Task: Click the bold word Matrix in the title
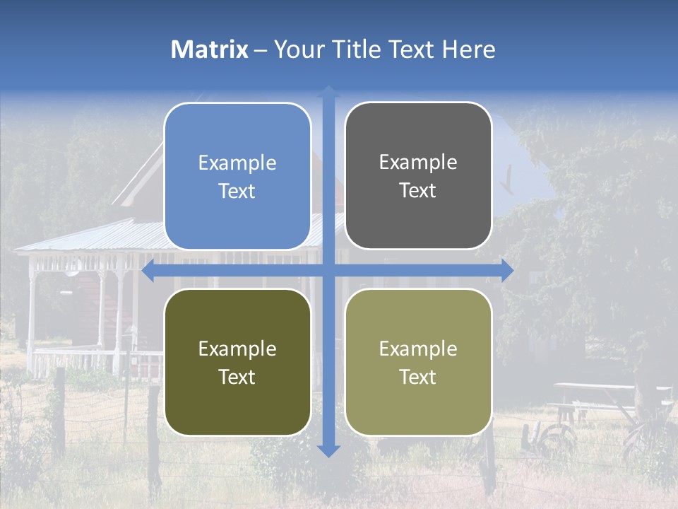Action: tap(210, 49)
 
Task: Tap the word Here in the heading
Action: tap(468, 49)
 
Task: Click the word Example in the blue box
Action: tap(237, 163)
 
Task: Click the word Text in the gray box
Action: tap(418, 191)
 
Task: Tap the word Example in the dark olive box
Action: tap(237, 349)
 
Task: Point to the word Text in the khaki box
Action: tap(418, 377)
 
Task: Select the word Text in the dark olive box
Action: tap(237, 377)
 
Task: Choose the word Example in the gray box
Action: tap(418, 163)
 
